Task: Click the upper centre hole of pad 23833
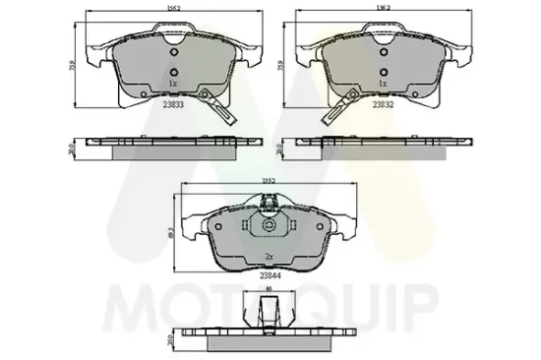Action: tap(172, 53)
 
